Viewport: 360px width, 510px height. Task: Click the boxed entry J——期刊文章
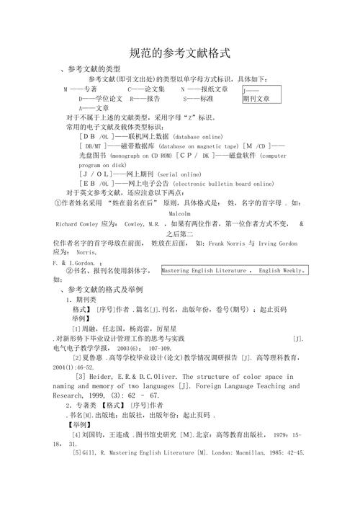[x=258, y=94]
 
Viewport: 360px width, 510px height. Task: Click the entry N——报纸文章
[x=204, y=89]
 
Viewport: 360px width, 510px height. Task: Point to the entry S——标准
[x=199, y=98]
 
